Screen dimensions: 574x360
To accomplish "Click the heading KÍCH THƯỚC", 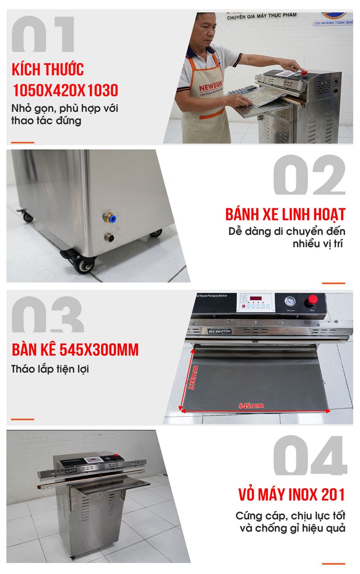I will click(x=48, y=70).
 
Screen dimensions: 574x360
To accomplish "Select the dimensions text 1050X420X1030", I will click(x=65, y=90).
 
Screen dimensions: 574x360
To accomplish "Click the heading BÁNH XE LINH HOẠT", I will click(x=285, y=215).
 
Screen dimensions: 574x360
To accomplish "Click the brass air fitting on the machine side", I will click(x=110, y=216).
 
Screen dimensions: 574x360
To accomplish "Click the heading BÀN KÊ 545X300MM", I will click(x=75, y=350).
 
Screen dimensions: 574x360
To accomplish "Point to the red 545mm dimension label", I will click(x=251, y=406).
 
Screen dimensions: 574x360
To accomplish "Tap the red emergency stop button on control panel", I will click(x=313, y=299).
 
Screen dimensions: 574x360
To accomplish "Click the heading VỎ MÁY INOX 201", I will click(x=292, y=495).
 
